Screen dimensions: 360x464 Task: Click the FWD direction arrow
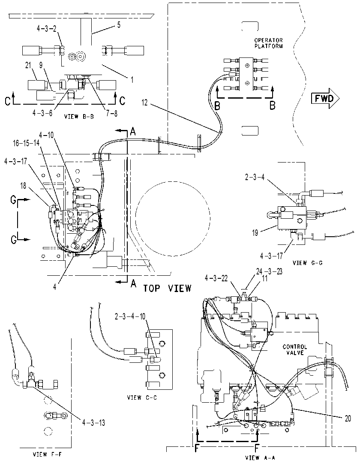(325, 98)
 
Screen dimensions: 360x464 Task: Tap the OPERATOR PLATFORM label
(268, 43)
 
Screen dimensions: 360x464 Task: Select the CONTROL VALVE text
(295, 350)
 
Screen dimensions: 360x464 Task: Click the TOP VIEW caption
(168, 288)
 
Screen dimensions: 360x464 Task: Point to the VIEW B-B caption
(79, 117)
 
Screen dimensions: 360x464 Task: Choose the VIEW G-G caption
(308, 262)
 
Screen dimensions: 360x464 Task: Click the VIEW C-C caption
(142, 398)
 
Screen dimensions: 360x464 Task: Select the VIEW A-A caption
(260, 458)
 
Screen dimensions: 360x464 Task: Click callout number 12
(144, 102)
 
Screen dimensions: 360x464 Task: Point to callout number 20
(348, 418)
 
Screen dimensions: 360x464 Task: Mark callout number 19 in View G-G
(255, 233)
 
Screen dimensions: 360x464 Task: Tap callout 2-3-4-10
(130, 316)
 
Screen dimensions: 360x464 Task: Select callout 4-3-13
(93, 422)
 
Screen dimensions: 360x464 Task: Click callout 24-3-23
(269, 271)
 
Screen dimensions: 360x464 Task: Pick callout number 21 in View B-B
(28, 66)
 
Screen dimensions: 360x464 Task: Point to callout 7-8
(111, 114)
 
